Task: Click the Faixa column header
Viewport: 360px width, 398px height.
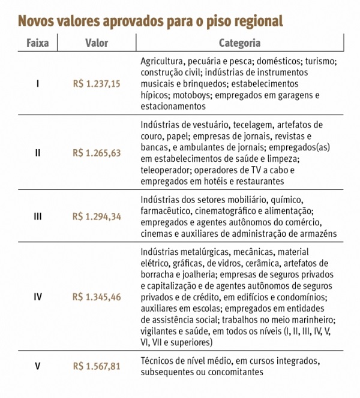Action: coord(37,43)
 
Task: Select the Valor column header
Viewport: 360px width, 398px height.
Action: coord(97,43)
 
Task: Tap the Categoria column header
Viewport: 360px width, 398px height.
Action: coord(239,43)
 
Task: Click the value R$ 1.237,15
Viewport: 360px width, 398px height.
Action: coord(97,84)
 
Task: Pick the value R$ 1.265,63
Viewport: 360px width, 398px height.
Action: coord(97,153)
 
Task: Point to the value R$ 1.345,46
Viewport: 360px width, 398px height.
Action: coord(97,297)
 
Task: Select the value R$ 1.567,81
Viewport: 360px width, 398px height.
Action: coord(97,366)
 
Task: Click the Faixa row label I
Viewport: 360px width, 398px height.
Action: coord(38,84)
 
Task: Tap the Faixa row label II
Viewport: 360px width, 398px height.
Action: coord(38,153)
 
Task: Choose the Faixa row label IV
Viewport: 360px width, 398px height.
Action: coord(38,297)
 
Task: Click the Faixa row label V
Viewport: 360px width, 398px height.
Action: coord(38,366)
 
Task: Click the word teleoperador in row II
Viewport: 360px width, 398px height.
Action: coord(166,170)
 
